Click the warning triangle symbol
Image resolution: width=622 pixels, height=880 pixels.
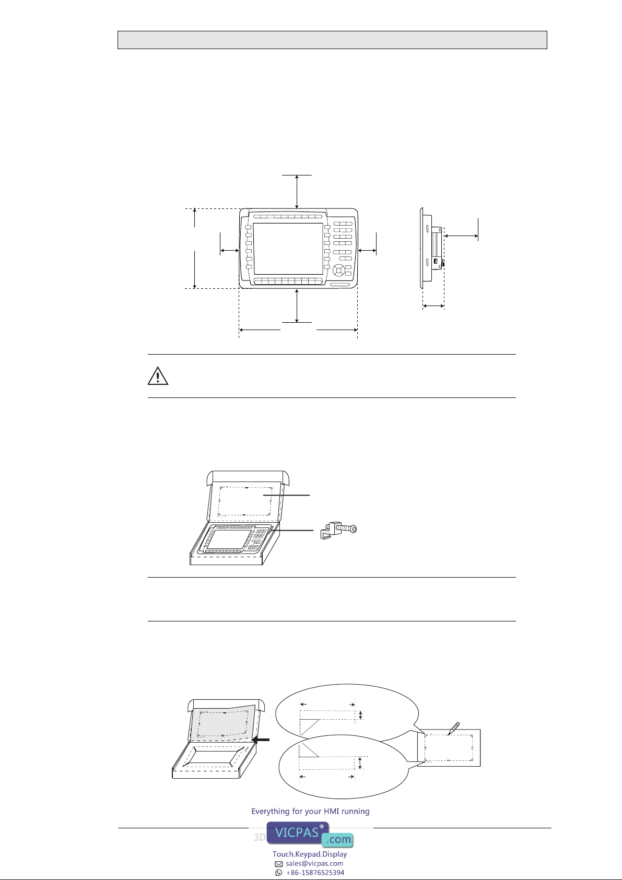click(158, 376)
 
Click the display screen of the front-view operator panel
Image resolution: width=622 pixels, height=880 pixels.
click(288, 249)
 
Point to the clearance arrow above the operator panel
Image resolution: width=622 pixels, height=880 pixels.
click(297, 191)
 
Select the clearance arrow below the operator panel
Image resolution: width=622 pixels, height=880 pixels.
click(297, 306)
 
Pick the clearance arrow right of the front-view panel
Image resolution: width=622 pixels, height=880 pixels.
click(368, 251)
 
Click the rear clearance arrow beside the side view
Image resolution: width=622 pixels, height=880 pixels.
click(461, 237)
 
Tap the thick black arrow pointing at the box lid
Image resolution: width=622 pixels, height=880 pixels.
click(261, 740)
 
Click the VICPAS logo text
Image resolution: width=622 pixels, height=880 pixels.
click(297, 832)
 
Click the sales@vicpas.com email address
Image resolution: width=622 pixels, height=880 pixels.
click(314, 863)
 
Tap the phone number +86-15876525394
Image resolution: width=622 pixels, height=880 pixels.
click(315, 872)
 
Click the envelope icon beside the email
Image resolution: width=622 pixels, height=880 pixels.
click(279, 864)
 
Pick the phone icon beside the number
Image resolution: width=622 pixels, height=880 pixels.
click(279, 872)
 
